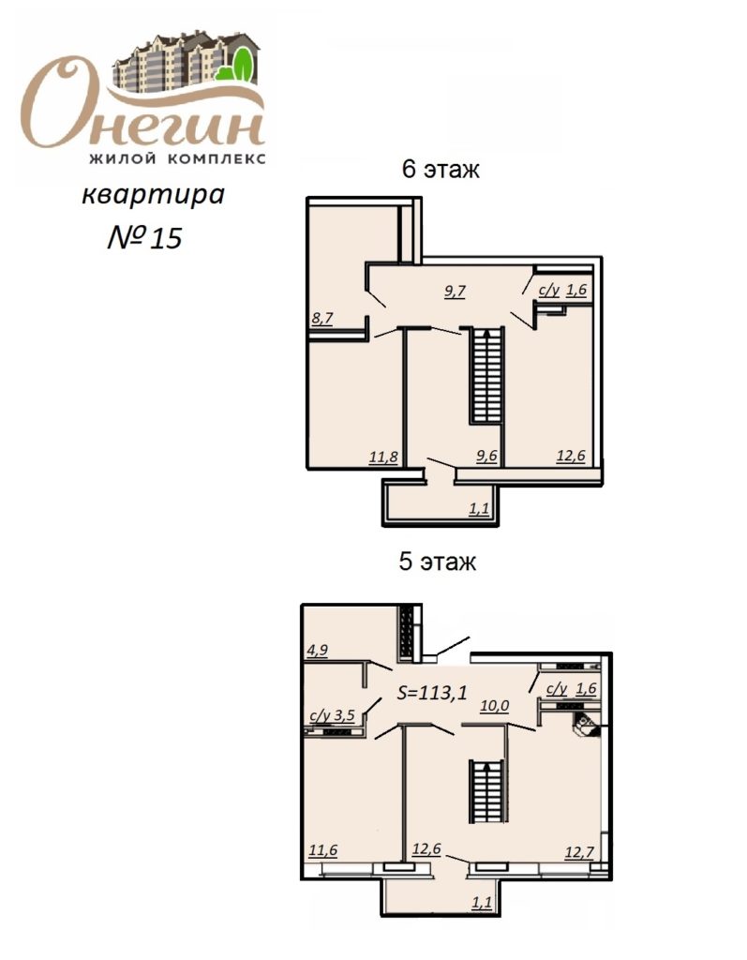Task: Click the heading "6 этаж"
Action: [x=441, y=169]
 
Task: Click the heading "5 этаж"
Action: [x=437, y=561]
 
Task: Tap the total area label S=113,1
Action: [x=432, y=693]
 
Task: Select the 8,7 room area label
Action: [x=322, y=318]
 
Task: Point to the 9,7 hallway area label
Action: [x=455, y=291]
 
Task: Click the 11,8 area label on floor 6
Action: [x=384, y=457]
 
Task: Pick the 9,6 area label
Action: [x=486, y=457]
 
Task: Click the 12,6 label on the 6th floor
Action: [x=571, y=457]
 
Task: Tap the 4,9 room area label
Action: [x=317, y=650]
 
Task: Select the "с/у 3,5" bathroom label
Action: [x=333, y=715]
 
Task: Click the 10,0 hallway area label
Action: [x=494, y=706]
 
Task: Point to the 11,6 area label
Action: [x=322, y=850]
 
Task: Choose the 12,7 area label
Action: [x=579, y=851]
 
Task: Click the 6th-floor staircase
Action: [x=486, y=375]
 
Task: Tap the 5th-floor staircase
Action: [x=486, y=792]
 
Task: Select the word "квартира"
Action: [x=153, y=195]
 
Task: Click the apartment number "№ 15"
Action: [x=145, y=237]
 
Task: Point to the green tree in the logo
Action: [x=243, y=64]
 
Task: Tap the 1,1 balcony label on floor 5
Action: [x=482, y=903]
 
